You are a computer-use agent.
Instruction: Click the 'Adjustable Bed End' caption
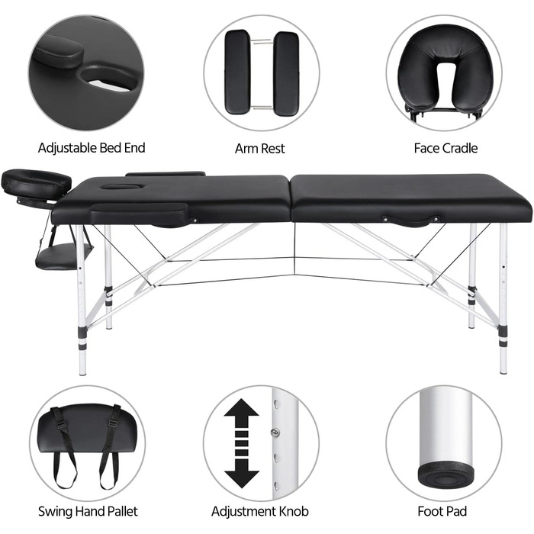pos(92,148)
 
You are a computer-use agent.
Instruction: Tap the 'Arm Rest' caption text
pos(260,149)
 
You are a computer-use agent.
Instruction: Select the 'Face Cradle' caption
pos(446,148)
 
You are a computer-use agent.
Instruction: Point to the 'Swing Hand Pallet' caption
pos(88,511)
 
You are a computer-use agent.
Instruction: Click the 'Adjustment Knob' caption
pos(260,511)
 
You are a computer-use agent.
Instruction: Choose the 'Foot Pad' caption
pos(442,511)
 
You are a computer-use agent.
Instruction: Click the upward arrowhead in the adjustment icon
pos(242,413)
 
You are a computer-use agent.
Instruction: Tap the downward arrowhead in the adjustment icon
pos(242,473)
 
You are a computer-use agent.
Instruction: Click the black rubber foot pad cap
pos(446,474)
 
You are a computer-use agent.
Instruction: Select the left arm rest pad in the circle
pos(238,72)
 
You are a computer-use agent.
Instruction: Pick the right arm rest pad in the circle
pos(286,73)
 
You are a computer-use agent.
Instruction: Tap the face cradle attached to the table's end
pos(36,184)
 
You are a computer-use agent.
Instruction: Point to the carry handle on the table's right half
pos(410,220)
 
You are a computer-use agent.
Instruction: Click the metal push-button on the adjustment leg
pos(275,433)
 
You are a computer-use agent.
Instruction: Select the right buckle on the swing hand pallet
pos(114,424)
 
